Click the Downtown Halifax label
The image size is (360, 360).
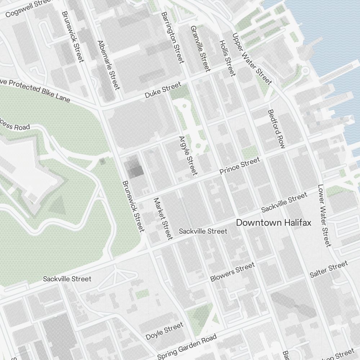(x=273, y=223)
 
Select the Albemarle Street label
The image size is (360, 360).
(x=108, y=65)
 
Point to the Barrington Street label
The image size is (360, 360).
(x=173, y=37)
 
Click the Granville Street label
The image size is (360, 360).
(x=200, y=48)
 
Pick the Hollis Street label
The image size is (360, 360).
(x=227, y=58)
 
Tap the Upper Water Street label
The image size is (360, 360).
(x=252, y=59)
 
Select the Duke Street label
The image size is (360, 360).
(x=163, y=90)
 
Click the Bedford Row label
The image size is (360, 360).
(x=276, y=129)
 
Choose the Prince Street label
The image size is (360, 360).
(x=239, y=166)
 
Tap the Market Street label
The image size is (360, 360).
(x=163, y=219)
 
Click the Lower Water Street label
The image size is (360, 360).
(x=323, y=216)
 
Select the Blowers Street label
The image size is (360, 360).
(x=232, y=272)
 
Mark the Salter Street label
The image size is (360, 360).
(x=329, y=269)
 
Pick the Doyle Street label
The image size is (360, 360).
(x=165, y=332)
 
